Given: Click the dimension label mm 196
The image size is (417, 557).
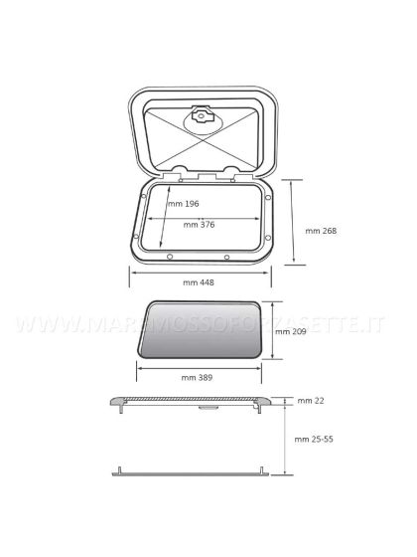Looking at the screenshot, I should pos(184,204).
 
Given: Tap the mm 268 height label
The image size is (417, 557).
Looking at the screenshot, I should pos(321,231).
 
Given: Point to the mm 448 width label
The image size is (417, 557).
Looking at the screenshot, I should pos(199,282).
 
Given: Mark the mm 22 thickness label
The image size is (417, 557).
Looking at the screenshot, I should pos(311,401).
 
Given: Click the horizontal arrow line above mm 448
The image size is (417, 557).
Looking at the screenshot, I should pos(199,270).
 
